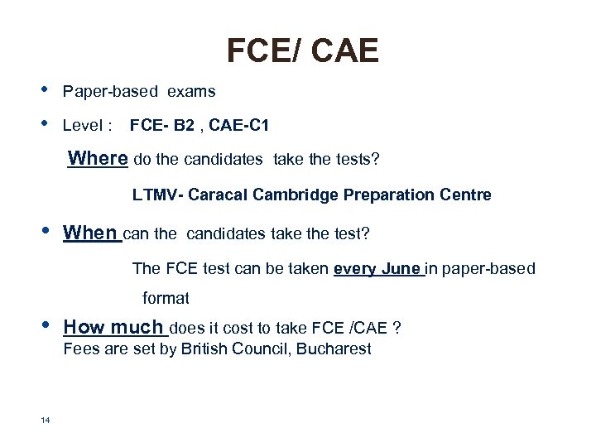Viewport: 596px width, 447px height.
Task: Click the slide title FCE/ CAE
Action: coord(302,51)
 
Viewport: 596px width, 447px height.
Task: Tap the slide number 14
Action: coord(45,421)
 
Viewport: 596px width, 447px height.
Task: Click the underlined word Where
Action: coord(98,158)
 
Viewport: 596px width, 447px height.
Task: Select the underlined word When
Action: coord(90,233)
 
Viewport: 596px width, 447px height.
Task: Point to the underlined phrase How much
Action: coord(114,327)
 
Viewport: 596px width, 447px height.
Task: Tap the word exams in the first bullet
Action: coord(191,91)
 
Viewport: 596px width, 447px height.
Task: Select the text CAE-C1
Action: coord(239,126)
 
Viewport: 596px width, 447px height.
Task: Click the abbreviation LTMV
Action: coord(156,195)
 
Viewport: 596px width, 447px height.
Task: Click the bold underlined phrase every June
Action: coord(377,269)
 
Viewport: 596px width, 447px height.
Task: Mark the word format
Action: coord(166,298)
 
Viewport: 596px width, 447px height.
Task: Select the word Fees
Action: coord(80,348)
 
